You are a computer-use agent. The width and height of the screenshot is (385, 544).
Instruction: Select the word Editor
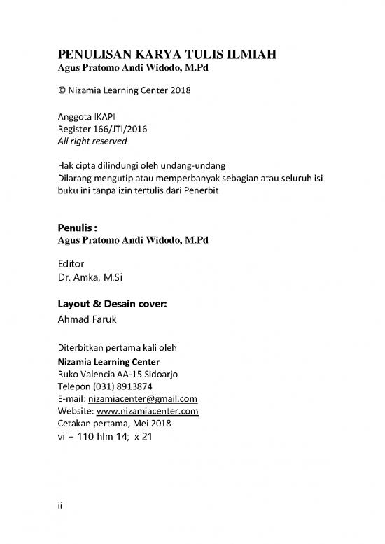(x=70, y=264)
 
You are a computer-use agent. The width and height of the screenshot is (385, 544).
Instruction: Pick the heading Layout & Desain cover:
(x=111, y=304)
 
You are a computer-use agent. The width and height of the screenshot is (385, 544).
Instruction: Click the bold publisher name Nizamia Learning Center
(x=107, y=362)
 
